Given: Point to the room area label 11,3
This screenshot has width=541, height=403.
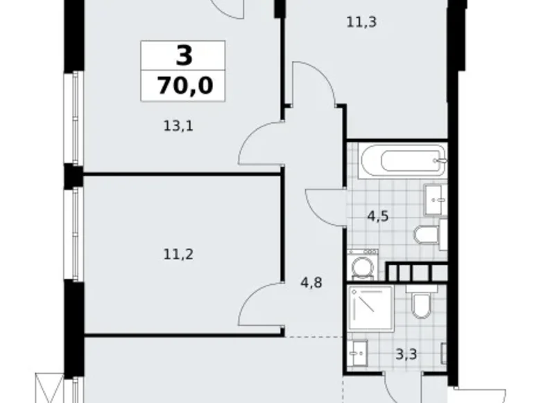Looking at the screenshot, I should (361, 22).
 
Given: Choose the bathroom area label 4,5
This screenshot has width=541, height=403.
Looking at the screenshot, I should (377, 215).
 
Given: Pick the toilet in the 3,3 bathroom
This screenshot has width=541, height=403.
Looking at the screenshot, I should (421, 304).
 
